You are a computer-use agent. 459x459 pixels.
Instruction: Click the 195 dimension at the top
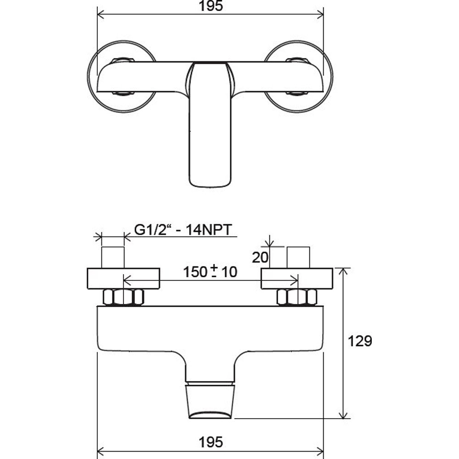[x=211, y=6]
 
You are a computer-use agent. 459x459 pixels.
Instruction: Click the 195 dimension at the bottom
[x=211, y=442]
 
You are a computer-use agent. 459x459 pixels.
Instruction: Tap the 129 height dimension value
[x=360, y=341]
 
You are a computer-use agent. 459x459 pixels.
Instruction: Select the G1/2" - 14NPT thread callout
[x=183, y=230]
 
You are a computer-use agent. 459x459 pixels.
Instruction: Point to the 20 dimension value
[x=260, y=257]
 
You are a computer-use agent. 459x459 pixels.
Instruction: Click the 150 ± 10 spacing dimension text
[x=210, y=272]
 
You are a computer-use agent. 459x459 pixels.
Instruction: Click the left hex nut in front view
[x=123, y=297]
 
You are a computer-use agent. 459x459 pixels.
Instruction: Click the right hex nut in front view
[x=297, y=297]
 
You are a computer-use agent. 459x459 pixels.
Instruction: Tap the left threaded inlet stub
[x=113, y=257]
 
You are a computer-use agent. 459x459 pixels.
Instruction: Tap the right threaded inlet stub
[x=298, y=257]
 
